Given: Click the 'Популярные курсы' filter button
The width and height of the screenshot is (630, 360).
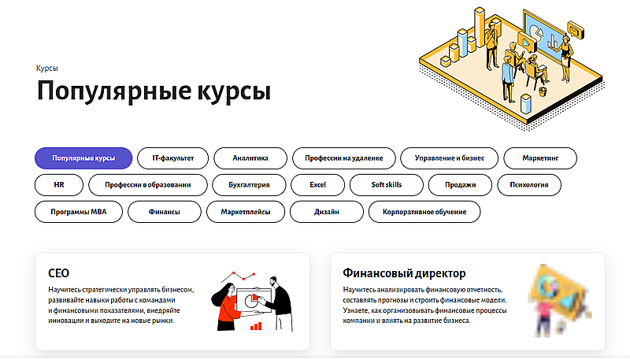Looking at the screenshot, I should [83, 158].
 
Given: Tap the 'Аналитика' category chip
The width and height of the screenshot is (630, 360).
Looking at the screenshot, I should [250, 158].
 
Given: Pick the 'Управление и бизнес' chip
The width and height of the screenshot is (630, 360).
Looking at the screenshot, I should [449, 158].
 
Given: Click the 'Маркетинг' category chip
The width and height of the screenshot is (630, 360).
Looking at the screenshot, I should [540, 158].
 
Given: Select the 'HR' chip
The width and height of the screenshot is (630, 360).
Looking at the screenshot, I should [59, 185].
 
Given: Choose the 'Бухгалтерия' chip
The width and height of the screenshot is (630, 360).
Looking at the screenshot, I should [249, 185].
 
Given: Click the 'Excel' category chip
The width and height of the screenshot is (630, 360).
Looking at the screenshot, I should [317, 185].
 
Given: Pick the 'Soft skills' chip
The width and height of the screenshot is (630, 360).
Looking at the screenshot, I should [387, 185].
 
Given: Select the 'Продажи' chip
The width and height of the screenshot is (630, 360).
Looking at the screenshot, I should [460, 185].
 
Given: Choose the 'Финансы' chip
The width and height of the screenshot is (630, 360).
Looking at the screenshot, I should [164, 212].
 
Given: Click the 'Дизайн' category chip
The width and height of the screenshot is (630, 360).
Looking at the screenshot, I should [325, 212].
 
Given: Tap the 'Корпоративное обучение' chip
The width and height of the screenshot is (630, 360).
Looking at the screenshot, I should [424, 212].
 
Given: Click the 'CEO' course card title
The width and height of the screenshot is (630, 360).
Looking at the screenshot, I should [59, 273].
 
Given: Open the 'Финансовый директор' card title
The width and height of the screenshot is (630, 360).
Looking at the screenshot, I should [404, 273].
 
